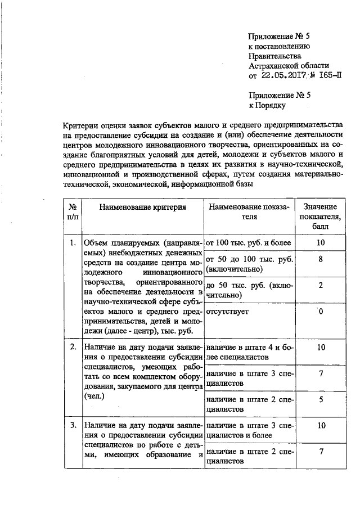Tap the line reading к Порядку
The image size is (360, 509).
click(268, 105)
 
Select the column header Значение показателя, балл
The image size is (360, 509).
click(320, 217)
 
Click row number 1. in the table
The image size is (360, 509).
click(73, 243)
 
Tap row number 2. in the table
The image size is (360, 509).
click(73, 347)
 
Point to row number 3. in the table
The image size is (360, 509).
click(73, 425)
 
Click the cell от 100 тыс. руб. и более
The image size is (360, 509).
click(249, 243)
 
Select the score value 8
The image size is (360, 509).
click(320, 260)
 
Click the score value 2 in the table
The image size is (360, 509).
click(320, 285)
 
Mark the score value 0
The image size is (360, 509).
click(320, 311)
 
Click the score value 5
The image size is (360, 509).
click(320, 399)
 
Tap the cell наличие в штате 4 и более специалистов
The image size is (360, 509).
click(250, 352)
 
